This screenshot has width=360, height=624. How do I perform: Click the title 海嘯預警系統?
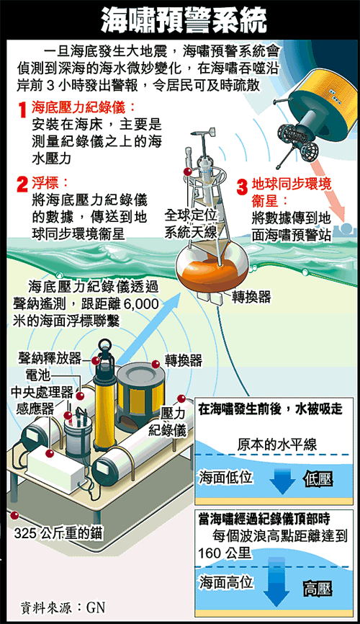184,20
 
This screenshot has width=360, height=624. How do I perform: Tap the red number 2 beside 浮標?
22,184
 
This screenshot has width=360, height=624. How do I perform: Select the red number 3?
242,187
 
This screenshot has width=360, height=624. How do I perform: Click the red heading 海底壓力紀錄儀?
84,107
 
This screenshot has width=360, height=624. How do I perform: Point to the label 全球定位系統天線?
191,224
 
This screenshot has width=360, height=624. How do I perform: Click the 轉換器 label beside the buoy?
251,296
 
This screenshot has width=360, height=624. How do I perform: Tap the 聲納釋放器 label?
50,358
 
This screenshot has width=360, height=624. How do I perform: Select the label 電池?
37,375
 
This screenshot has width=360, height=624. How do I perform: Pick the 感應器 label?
35,409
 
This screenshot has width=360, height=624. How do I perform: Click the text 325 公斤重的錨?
58,533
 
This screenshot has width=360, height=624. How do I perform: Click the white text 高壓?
318,589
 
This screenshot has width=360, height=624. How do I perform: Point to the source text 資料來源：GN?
63,607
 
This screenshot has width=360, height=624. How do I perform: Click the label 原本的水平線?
277,445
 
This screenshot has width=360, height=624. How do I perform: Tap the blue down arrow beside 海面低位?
282,481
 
